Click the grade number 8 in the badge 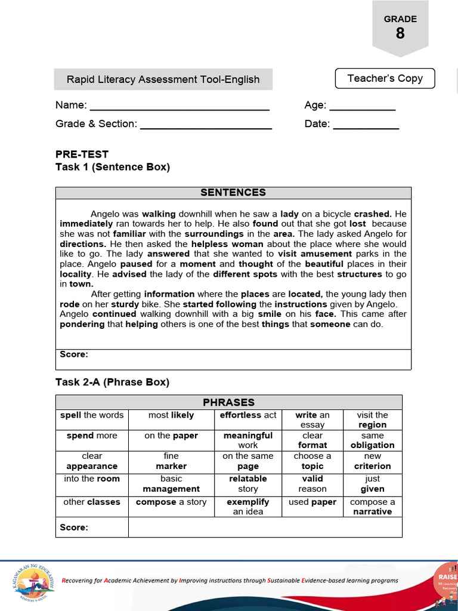pos(400,33)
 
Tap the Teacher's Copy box pos(385,78)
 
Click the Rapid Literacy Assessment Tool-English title pos(163,79)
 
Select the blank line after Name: pos(179,106)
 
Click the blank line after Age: pos(362,106)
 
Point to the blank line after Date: pos(366,125)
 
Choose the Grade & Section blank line pos(206,125)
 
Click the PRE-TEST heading pos(82,154)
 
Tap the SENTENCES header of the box pos(233,192)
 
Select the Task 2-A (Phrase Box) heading pos(112,382)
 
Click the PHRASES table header pos(228,402)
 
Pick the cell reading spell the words pos(92,415)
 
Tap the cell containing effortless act pos(248,415)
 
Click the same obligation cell pos(372,440)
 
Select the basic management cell pos(171,484)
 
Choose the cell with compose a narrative pos(372,507)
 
